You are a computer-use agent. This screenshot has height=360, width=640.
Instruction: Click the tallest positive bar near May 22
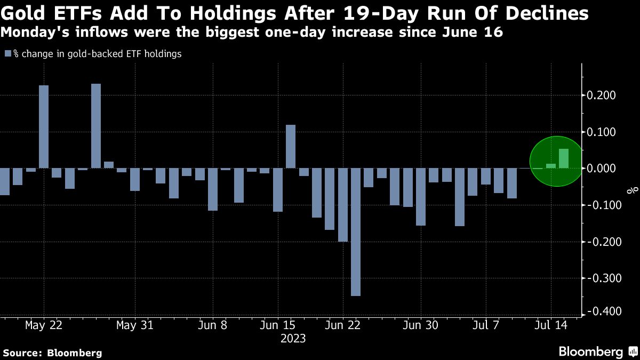[44, 127]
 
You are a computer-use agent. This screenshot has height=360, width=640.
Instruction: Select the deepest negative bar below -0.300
[356, 232]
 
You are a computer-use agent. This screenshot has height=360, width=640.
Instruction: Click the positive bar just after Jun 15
[291, 147]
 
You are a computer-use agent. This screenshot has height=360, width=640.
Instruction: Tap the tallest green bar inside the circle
[564, 158]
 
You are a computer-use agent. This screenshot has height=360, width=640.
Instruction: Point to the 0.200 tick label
[602, 95]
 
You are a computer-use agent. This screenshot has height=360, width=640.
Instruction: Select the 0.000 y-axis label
[602, 169]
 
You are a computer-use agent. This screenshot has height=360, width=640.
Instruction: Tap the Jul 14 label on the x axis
[552, 325]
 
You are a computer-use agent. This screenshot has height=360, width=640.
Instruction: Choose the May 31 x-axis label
[135, 325]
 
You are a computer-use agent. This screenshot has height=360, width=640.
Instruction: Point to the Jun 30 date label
[421, 325]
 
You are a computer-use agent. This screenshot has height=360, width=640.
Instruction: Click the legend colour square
[7, 54]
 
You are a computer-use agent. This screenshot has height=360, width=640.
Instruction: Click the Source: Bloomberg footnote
[52, 353]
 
